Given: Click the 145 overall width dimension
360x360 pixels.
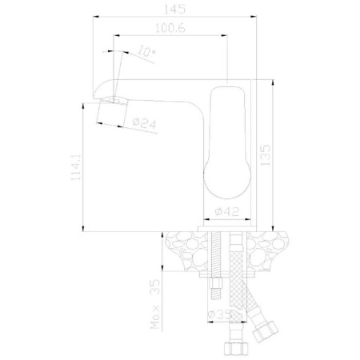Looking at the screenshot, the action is [x=174, y=9].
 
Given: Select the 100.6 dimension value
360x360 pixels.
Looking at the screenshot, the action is [x=170, y=28].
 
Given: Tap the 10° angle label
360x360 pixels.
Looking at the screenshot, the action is [x=146, y=51].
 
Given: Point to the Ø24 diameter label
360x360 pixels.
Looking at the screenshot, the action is [x=145, y=123].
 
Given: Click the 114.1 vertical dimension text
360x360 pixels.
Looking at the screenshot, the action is [x=77, y=167].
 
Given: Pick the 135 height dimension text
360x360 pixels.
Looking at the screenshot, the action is [x=266, y=155].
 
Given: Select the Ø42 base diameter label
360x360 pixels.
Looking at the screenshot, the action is [x=227, y=212].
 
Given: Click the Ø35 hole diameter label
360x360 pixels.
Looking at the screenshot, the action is [x=219, y=315].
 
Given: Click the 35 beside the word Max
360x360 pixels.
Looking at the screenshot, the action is [x=155, y=286].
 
